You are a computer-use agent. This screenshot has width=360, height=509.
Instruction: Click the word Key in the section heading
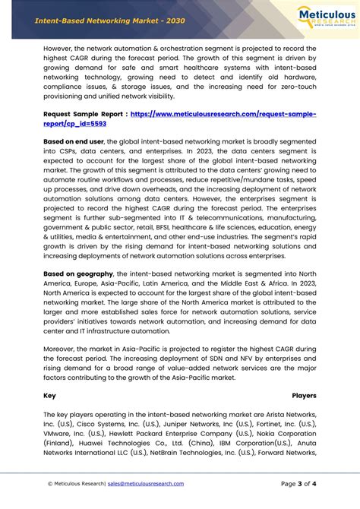coord(49,396)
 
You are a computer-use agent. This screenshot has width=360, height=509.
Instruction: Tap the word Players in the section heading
coord(304,396)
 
